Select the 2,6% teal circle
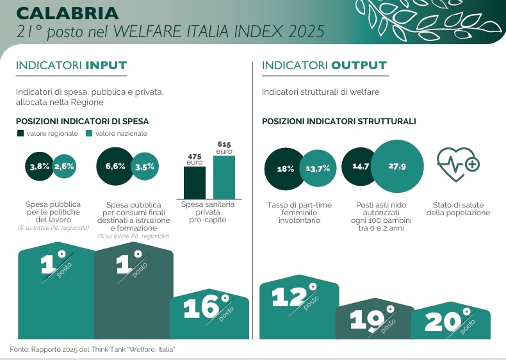tap(65, 167)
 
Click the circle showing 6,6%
tap(115, 167)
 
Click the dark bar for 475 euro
tap(195, 183)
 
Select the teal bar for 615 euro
tap(224, 177)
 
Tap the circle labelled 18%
tap(284, 169)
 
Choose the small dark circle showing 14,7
tap(360, 167)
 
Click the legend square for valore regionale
tap(20, 133)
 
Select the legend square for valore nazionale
tap(90, 133)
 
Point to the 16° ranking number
tap(206, 307)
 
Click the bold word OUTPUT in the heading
tap(359, 65)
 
